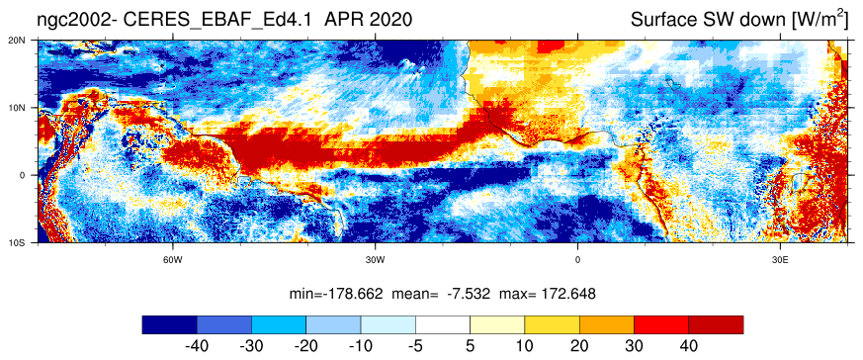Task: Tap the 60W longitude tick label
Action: click(173, 260)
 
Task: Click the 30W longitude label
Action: click(375, 260)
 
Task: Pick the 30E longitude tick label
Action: click(779, 260)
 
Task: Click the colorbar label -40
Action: click(196, 347)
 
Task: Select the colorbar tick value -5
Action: click(415, 347)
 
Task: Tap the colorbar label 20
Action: click(579, 347)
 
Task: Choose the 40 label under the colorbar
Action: click(689, 347)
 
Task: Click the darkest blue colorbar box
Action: click(169, 324)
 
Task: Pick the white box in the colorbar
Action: click(443, 324)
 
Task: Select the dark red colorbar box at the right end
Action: click(716, 324)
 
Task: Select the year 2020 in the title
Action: click(389, 20)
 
